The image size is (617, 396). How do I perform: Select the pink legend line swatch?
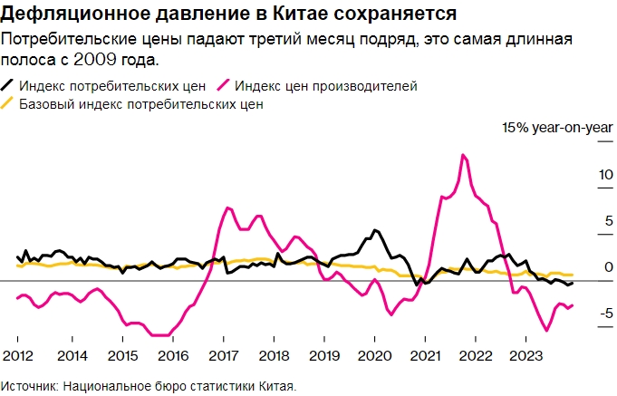pos(224,85)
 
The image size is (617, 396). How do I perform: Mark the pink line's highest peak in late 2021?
pos(463,155)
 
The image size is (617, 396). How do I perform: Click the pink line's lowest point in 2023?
pos(546,331)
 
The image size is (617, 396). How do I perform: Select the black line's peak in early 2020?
pos(375,230)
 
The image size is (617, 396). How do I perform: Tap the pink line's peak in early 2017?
pos(227,208)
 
